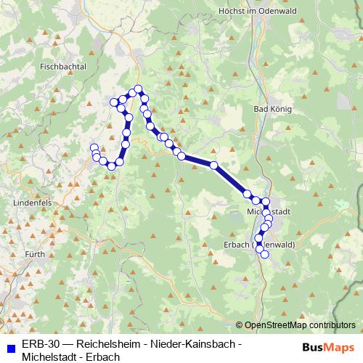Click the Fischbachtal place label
tap(63, 66)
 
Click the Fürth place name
tap(33, 254)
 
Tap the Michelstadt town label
tap(269, 211)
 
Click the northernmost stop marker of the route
tap(138, 89)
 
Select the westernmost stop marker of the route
tap(94, 148)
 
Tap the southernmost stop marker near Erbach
tap(264, 253)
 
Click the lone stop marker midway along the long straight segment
tap(214, 166)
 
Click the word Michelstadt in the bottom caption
tap(52, 356)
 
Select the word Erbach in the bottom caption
tap(105, 356)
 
